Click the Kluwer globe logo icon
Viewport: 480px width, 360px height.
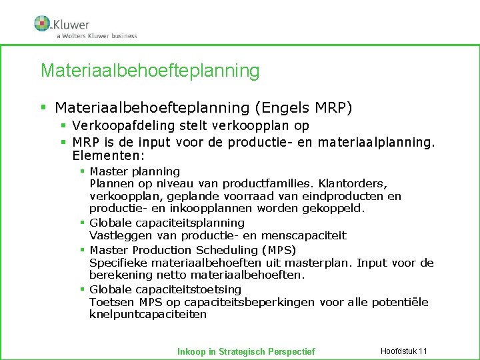point(42,23)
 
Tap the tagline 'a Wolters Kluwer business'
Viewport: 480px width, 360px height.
point(97,36)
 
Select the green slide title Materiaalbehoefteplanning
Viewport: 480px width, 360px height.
point(150,70)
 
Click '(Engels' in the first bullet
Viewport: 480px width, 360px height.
point(281,107)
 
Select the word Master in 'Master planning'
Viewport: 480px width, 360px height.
point(108,171)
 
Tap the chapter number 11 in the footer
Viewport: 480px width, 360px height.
point(422,351)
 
